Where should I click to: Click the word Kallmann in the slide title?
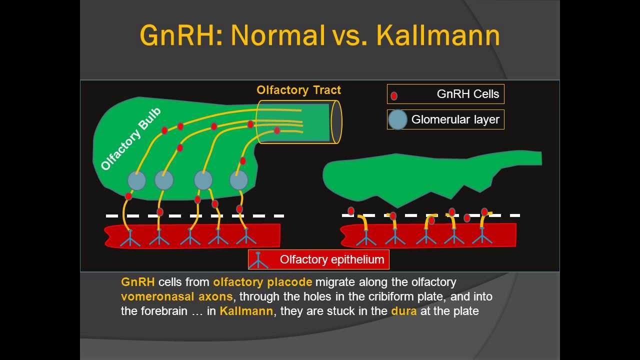coord(437,35)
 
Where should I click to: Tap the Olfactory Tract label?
coord(298,90)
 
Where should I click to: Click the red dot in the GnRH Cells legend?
coord(394,95)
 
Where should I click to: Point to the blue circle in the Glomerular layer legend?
coord(397,120)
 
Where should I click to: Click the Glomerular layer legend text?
coord(455,119)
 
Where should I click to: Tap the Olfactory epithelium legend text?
coord(332,259)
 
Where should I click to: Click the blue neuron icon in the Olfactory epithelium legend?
coord(258,260)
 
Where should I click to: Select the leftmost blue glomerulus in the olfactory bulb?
coord(136,180)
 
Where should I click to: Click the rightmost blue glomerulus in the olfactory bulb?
coord(239,180)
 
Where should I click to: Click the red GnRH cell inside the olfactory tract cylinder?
coord(277,130)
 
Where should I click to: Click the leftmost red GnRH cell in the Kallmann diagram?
coord(351,211)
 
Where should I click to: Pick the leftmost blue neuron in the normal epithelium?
coord(130,238)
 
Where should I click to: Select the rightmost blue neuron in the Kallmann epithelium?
coord(482,236)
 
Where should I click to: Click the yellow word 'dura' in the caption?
coord(403,311)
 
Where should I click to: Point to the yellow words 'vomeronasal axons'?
coord(176,296)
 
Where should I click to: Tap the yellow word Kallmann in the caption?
coord(246,311)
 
